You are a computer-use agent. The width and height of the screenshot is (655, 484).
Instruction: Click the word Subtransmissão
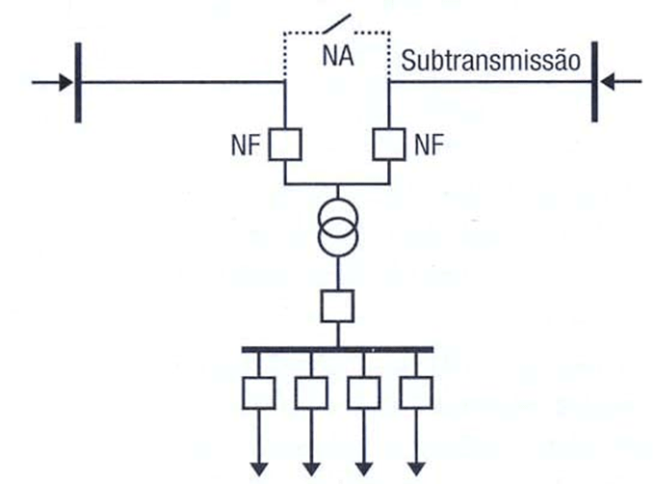[x=488, y=63]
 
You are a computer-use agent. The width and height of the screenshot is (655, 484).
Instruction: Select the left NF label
[x=243, y=146]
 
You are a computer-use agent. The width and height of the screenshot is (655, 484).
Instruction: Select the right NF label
[x=430, y=146]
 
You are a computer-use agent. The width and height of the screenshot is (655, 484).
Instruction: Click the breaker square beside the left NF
[x=284, y=146]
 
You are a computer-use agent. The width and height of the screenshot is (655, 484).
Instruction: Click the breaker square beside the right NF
[x=388, y=146]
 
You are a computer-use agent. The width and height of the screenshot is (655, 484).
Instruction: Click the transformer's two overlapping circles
[x=337, y=233]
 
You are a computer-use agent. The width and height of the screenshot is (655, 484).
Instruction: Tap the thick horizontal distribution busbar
[x=337, y=349]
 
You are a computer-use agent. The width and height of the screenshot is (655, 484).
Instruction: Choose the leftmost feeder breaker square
[x=259, y=392]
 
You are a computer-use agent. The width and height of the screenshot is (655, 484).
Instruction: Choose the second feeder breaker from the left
[x=311, y=392]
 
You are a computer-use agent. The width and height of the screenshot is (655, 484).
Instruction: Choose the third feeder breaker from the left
[x=363, y=392]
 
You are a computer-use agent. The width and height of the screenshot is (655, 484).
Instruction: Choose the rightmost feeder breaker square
[x=415, y=392]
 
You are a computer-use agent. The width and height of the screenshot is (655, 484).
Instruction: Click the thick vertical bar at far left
[x=78, y=82]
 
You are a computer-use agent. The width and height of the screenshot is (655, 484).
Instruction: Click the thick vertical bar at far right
[x=595, y=82]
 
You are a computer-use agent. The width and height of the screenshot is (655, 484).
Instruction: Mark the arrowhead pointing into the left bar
[x=65, y=82]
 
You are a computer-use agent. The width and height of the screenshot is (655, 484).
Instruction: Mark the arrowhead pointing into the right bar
[x=609, y=82]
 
